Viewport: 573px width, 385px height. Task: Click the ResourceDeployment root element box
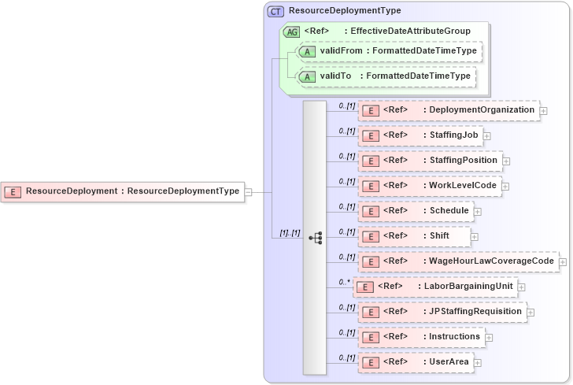pyautogui.click(x=124, y=191)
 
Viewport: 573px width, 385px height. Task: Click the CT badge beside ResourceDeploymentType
pyautogui.click(x=275, y=11)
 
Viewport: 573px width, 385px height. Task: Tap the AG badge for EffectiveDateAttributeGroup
pyautogui.click(x=291, y=31)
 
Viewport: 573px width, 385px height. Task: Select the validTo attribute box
pyautogui.click(x=385, y=76)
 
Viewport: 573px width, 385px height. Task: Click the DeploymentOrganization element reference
pyautogui.click(x=449, y=110)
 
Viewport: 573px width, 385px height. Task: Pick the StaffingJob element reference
pyautogui.click(x=420, y=135)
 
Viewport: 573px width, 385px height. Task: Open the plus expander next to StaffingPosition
pyautogui.click(x=506, y=161)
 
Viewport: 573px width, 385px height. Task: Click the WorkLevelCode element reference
pyautogui.click(x=430, y=186)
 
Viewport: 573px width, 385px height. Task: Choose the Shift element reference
pyautogui.click(x=415, y=236)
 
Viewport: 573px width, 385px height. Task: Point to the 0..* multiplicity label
pyautogui.click(x=344, y=281)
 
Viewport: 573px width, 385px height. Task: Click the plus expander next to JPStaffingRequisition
pyautogui.click(x=530, y=313)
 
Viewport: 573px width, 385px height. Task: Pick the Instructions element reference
pyautogui.click(x=421, y=337)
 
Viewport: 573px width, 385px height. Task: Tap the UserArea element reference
pyautogui.click(x=416, y=362)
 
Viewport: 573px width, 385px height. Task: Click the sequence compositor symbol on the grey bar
pyautogui.click(x=316, y=236)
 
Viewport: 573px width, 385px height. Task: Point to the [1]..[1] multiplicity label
pyautogui.click(x=290, y=232)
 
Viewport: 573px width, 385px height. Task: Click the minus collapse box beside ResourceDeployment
pyautogui.click(x=248, y=191)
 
